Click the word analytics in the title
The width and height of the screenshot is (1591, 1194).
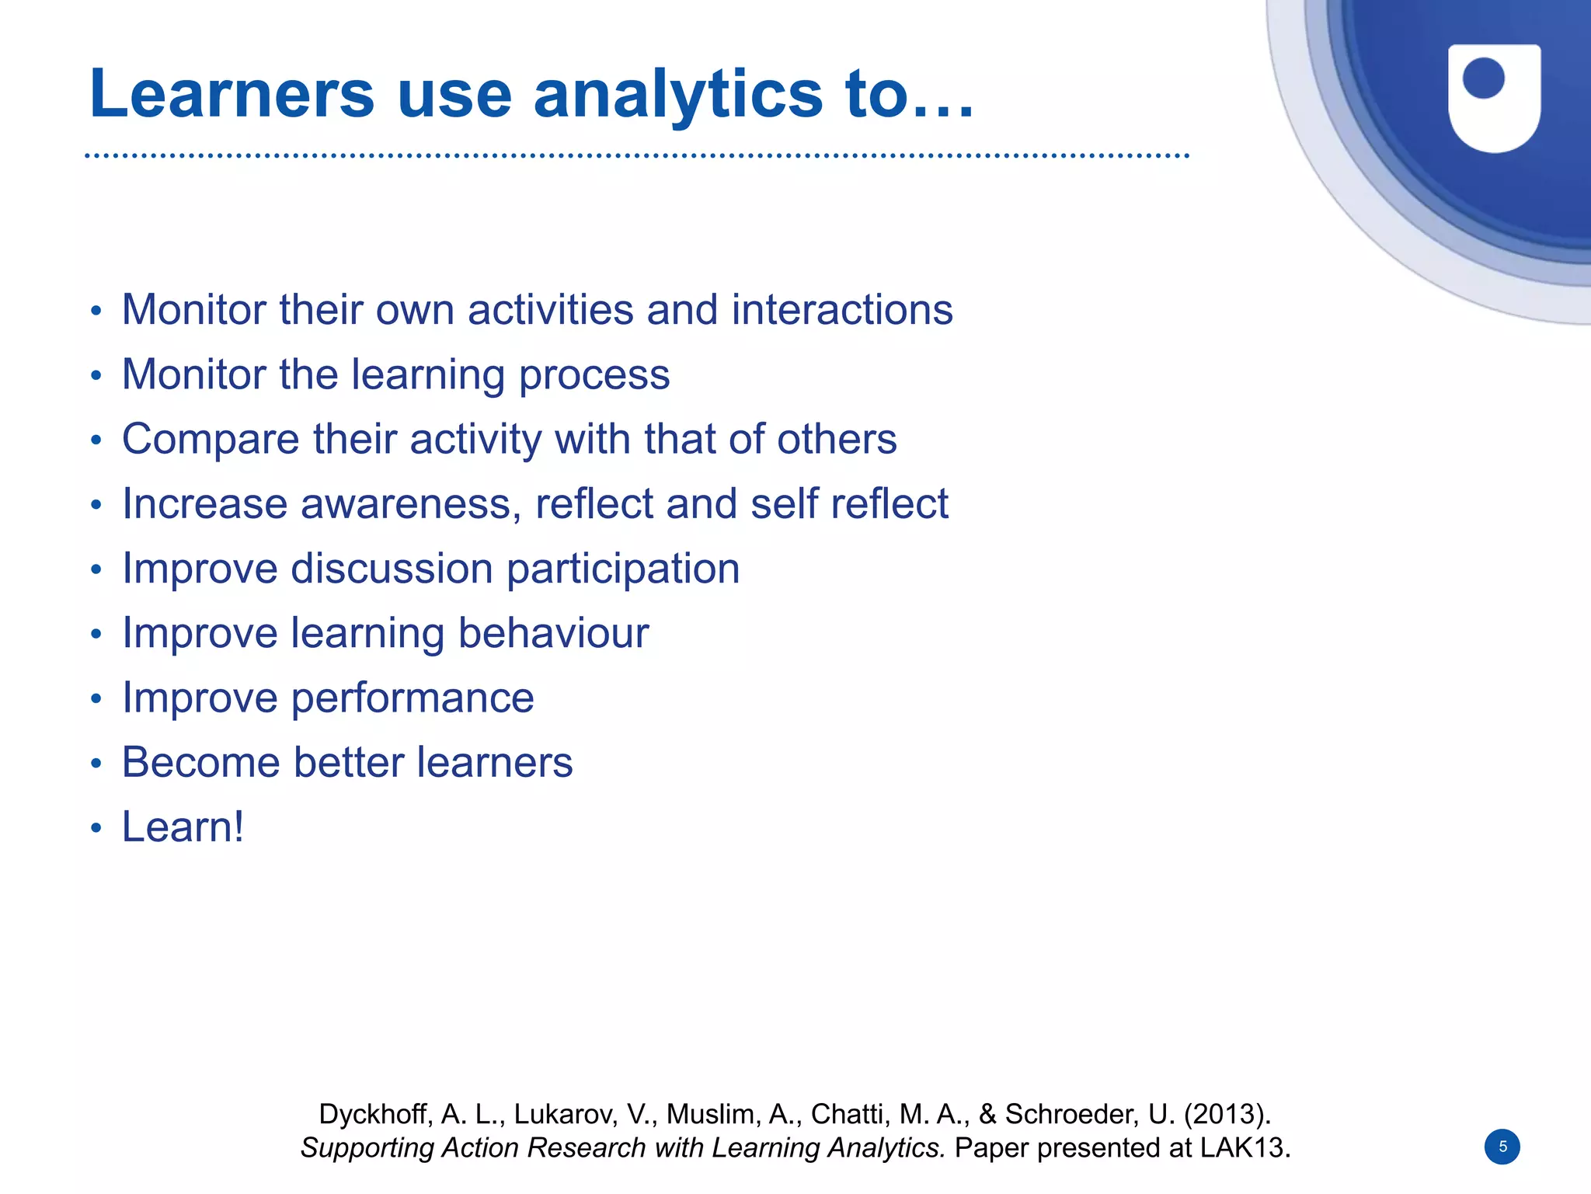coord(677,95)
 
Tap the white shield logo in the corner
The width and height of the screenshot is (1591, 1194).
coord(1494,98)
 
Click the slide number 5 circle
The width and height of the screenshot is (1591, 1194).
coord(1502,1147)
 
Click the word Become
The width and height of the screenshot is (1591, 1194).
coord(200,762)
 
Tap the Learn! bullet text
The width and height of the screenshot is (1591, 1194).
coord(183,827)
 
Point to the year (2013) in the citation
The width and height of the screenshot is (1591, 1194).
coord(1227,1114)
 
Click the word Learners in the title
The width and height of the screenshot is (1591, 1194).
coord(232,95)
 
